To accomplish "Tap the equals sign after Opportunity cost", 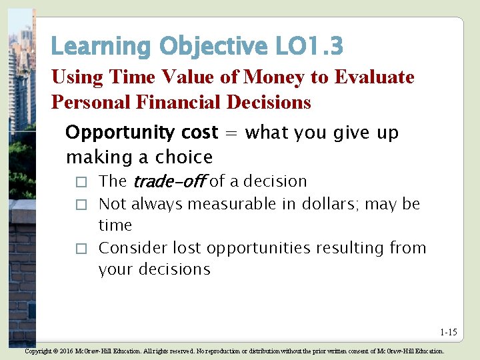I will tap(231, 133).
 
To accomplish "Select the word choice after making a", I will tap(184, 157).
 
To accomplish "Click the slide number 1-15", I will tap(448, 332).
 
